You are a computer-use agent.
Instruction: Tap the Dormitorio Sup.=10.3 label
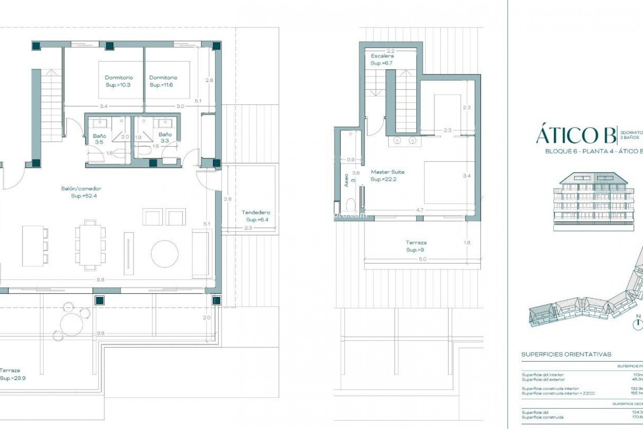point(119,81)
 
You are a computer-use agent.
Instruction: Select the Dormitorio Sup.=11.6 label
point(163,81)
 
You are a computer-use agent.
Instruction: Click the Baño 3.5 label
point(99,139)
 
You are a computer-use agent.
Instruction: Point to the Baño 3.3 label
point(165,137)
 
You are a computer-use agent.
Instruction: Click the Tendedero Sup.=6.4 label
point(256,216)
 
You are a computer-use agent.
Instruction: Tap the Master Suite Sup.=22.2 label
point(387,175)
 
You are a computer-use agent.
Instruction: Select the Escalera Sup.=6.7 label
point(382,59)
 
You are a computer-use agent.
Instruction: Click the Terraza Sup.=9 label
point(416,246)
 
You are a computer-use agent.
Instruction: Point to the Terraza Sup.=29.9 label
point(12,374)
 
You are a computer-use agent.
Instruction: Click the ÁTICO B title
point(575,136)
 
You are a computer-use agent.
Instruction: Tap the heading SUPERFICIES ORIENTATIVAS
point(566,354)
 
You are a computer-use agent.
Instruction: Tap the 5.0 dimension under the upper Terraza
point(422,259)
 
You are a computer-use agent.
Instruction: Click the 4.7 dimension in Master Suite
point(419,210)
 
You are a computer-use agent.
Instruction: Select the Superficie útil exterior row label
point(543,379)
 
